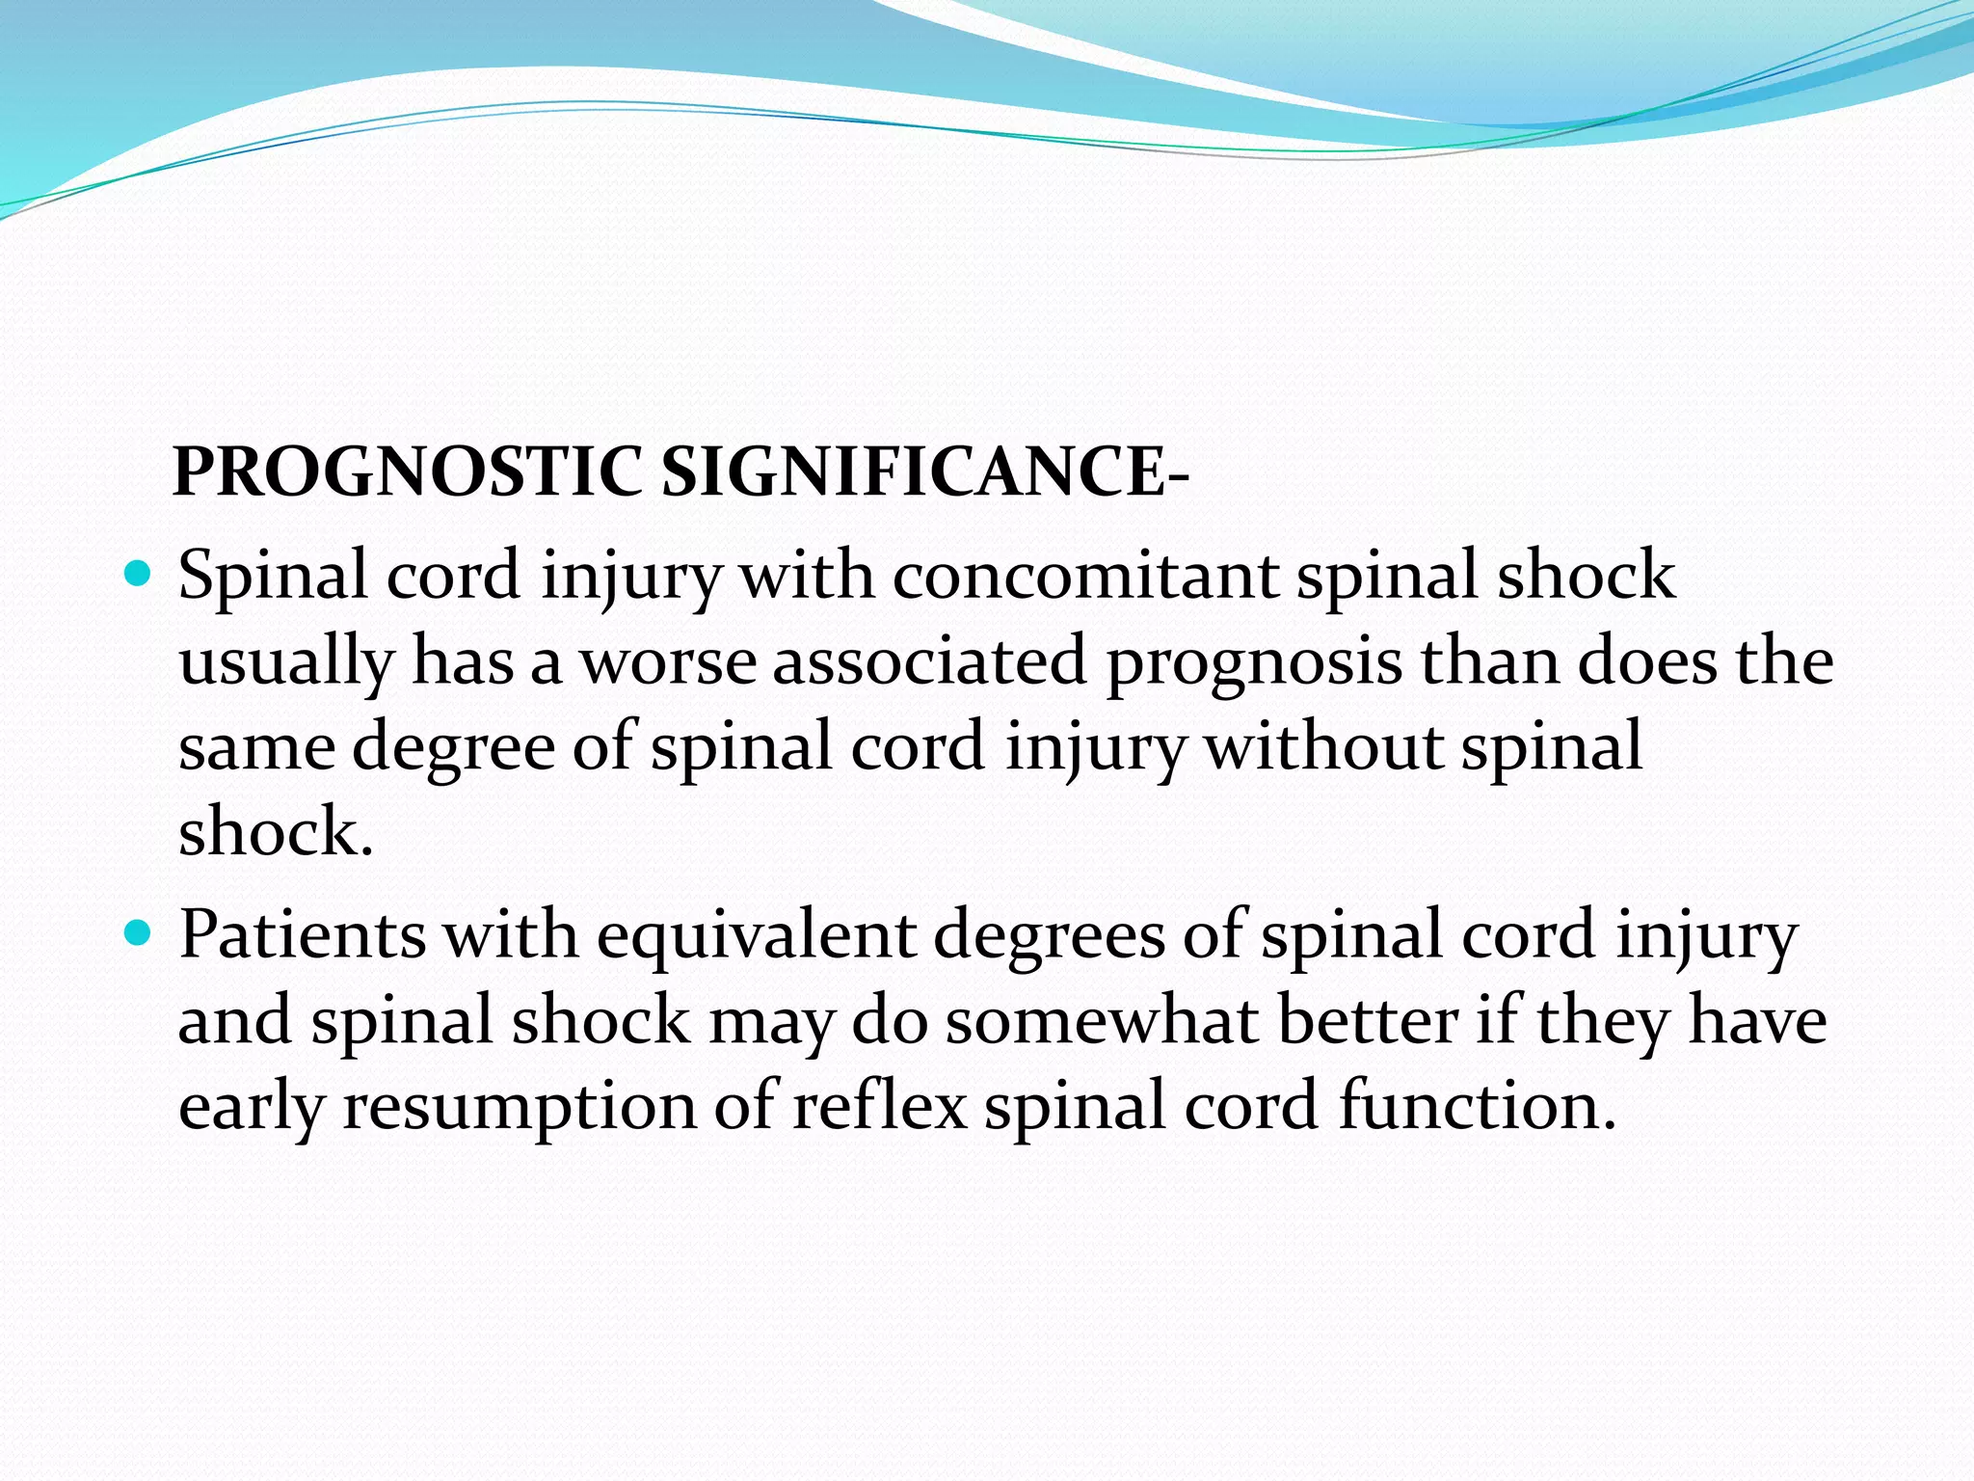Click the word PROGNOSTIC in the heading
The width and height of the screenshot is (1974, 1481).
click(x=406, y=472)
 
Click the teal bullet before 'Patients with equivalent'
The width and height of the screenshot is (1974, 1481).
click(x=139, y=934)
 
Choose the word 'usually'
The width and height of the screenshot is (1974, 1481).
click(x=286, y=663)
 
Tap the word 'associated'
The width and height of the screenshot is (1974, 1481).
click(x=929, y=661)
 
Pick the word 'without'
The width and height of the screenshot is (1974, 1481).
click(x=1324, y=747)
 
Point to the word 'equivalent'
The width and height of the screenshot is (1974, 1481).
click(x=756, y=936)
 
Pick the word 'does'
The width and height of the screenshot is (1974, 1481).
click(x=1647, y=661)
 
